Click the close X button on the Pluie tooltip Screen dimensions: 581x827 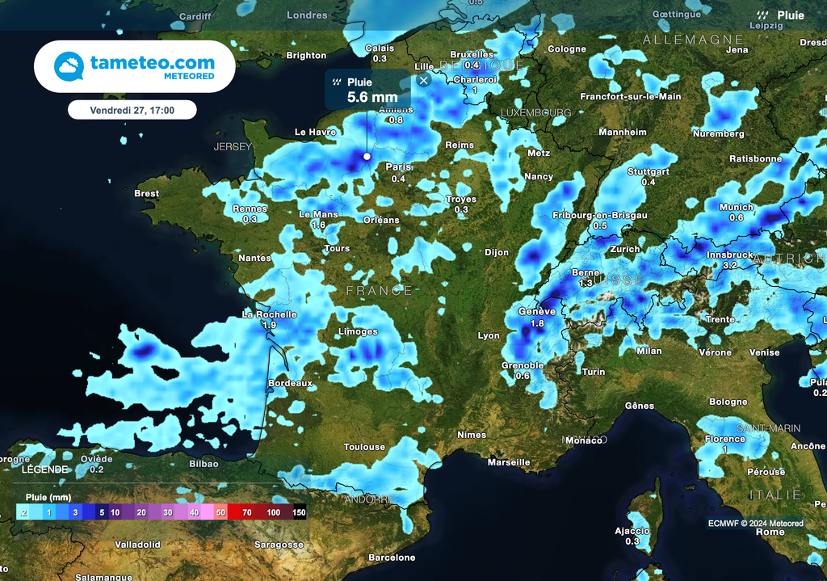point(424,80)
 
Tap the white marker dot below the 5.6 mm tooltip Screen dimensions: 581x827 point(367,156)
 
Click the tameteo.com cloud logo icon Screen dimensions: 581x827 point(69,66)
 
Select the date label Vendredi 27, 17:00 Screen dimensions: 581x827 point(132,109)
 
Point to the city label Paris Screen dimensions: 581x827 point(398,167)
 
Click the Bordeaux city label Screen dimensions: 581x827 point(290,383)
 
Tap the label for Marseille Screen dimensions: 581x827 point(509,462)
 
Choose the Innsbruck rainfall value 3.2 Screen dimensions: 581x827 point(730,265)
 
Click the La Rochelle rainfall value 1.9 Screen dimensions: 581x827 point(270,325)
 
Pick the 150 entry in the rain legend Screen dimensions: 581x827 point(299,512)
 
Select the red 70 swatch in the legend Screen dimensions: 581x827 point(246,512)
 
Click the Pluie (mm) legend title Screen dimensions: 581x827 point(48,497)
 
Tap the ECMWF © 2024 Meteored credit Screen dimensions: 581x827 point(756,524)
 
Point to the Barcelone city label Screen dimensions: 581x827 point(392,558)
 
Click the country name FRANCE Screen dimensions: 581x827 point(379,290)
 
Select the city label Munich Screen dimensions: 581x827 point(736,207)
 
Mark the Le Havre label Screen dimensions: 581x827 point(315,132)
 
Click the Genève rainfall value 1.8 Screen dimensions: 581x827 point(537,323)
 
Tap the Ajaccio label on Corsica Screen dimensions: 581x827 point(632,531)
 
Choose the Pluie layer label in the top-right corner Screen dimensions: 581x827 point(790,15)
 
